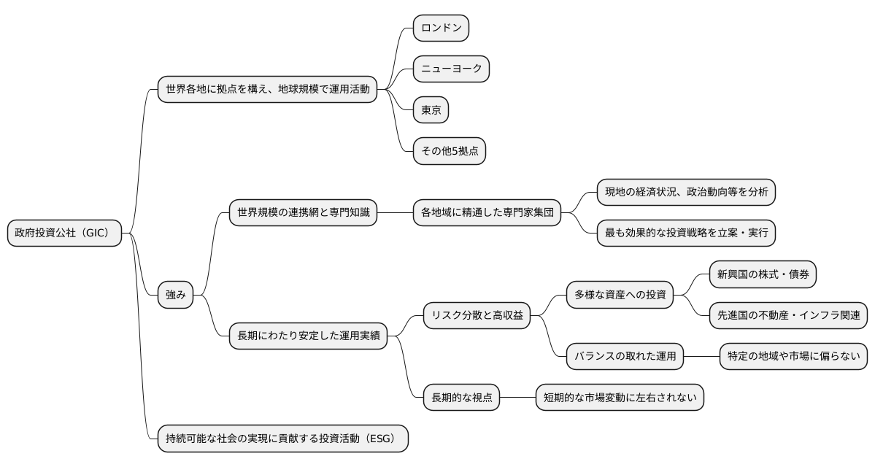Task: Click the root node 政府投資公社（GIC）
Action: click(x=64, y=233)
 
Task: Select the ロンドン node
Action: click(x=441, y=28)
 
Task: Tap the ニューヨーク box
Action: click(x=450, y=69)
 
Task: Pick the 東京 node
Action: click(x=431, y=110)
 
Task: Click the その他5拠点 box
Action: click(x=449, y=151)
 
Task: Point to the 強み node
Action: click(x=176, y=295)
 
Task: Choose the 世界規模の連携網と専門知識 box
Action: click(x=303, y=213)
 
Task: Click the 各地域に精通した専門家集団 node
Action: click(x=487, y=213)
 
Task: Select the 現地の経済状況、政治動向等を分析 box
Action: click(x=685, y=193)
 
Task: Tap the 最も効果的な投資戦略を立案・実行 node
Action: click(x=685, y=233)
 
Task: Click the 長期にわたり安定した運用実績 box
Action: click(x=308, y=336)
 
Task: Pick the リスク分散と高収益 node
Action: click(x=477, y=315)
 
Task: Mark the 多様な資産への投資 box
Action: click(x=620, y=295)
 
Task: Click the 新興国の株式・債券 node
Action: click(x=763, y=274)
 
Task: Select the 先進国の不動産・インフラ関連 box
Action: click(x=788, y=315)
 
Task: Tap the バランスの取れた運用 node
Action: click(x=625, y=357)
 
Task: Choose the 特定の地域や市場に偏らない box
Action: click(x=793, y=357)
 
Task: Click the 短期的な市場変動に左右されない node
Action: click(x=620, y=398)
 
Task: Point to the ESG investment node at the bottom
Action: click(x=282, y=439)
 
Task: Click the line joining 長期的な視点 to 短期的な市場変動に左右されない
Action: click(x=517, y=398)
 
